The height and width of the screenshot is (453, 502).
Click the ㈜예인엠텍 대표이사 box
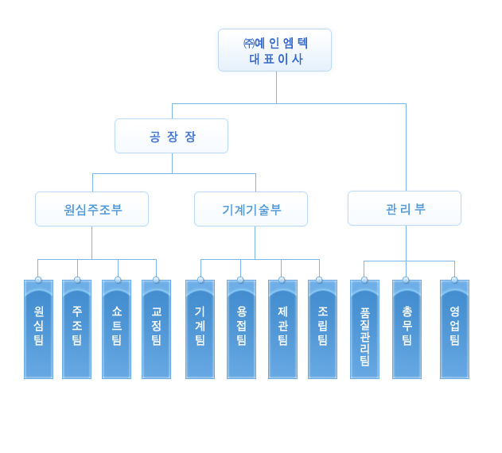[274, 50]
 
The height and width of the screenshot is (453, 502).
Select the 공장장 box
[171, 136]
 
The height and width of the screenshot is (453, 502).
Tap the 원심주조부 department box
[91, 209]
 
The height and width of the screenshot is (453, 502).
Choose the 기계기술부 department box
[251, 209]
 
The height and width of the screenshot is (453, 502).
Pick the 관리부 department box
[404, 208]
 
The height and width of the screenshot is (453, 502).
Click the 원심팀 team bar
[38, 329]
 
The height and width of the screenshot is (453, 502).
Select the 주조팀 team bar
[77, 329]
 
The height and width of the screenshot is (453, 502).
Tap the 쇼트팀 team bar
[116, 329]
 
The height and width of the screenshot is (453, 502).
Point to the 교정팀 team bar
[156, 329]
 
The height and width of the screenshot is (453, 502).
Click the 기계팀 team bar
[200, 329]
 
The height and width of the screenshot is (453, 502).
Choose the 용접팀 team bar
[241, 329]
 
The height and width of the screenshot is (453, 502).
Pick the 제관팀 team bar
[282, 329]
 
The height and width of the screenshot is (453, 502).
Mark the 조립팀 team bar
[322, 329]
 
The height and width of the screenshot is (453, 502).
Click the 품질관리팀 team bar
[364, 329]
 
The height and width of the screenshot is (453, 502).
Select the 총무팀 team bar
[407, 329]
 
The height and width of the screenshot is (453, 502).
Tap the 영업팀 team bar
[454, 329]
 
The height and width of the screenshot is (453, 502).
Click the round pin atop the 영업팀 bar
[454, 280]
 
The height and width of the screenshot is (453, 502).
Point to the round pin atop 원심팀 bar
[38, 280]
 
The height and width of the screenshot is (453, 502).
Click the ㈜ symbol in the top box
[249, 43]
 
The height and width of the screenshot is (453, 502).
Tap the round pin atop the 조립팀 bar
[319, 280]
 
